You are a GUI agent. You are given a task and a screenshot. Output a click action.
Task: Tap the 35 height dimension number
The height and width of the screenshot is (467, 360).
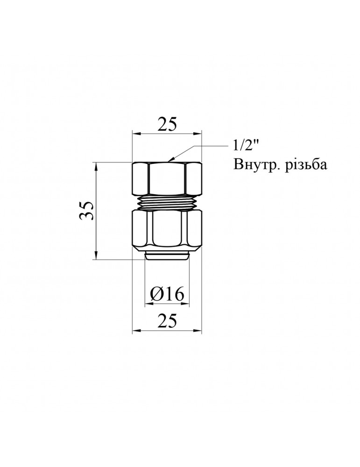[x=86, y=211]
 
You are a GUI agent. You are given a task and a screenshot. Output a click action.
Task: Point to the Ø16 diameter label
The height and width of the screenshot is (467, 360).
[x=167, y=294]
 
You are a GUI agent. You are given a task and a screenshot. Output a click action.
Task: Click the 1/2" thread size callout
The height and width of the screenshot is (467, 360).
[x=245, y=146]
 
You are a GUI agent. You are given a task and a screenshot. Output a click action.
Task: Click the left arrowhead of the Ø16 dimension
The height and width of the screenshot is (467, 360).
[x=148, y=304]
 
